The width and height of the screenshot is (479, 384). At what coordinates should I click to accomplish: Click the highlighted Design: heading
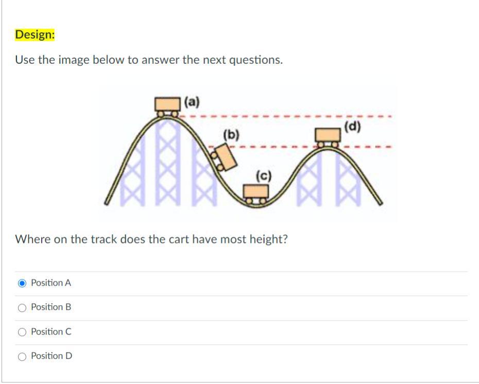[x=35, y=34]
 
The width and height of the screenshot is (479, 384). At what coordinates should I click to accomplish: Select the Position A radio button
[x=22, y=283]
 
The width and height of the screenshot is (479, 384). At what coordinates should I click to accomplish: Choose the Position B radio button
[x=22, y=308]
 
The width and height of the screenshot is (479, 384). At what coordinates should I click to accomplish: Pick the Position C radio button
[x=22, y=332]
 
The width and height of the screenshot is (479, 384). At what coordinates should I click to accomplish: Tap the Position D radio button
[x=22, y=356]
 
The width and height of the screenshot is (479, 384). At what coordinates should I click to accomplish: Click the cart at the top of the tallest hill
[x=167, y=107]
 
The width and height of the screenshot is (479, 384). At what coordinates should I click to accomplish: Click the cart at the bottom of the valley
[x=256, y=194]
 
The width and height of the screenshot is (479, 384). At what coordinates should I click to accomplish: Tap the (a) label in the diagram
[x=192, y=102]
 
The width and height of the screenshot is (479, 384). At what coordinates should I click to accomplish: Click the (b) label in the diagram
[x=231, y=135]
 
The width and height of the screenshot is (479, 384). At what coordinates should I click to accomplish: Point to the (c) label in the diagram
[x=263, y=176]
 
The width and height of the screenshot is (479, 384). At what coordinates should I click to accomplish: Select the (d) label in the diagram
[x=352, y=126]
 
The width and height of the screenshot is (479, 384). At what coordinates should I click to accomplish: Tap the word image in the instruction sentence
[x=74, y=60]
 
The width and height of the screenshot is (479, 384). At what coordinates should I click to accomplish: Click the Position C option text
[x=51, y=331]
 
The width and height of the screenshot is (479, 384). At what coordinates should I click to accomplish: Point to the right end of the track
[x=380, y=203]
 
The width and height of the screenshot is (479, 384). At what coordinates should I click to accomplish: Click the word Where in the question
[x=32, y=239]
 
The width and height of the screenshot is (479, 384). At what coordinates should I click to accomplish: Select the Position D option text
[x=52, y=356]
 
